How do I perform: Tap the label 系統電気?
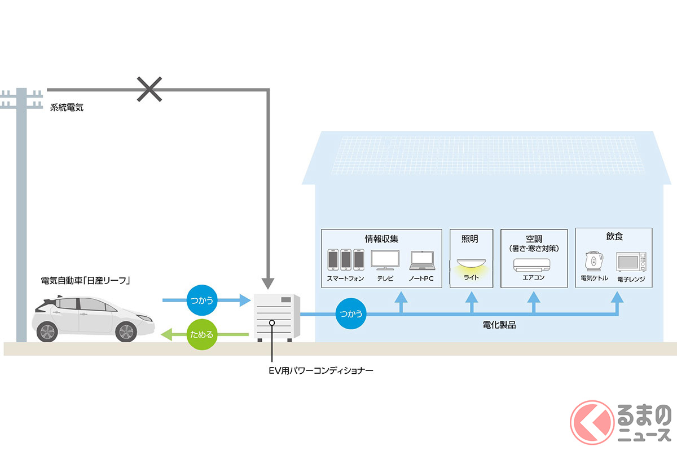pyautogui.click(x=67, y=107)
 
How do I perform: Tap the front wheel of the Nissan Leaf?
pyautogui.click(x=126, y=331)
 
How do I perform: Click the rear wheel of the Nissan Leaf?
pyautogui.click(x=47, y=331)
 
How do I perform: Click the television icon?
pyautogui.click(x=385, y=260)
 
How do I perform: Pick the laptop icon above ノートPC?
pyautogui.click(x=423, y=260)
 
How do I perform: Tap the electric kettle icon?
pyautogui.click(x=594, y=262)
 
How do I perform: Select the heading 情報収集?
pyautogui.click(x=381, y=239)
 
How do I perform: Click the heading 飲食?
pyautogui.click(x=614, y=237)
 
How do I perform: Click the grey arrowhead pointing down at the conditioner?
pyautogui.click(x=269, y=283)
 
